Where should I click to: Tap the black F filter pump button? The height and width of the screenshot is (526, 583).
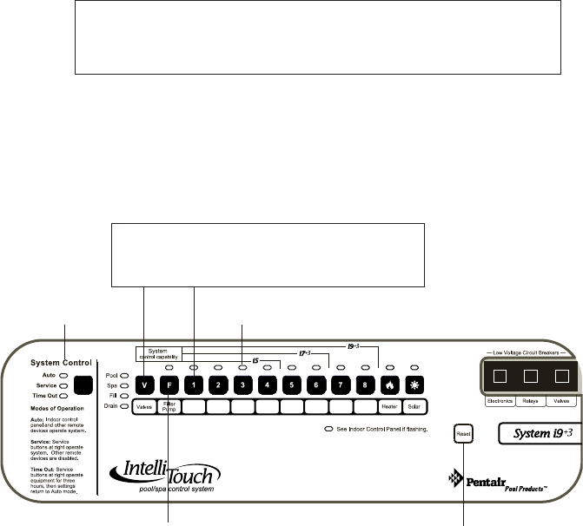[170, 384]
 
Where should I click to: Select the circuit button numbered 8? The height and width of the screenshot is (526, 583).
[365, 384]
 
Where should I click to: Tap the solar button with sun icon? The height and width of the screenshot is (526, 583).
[414, 384]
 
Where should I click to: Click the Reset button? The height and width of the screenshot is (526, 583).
[461, 431]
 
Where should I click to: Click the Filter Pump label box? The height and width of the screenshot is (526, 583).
[170, 406]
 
